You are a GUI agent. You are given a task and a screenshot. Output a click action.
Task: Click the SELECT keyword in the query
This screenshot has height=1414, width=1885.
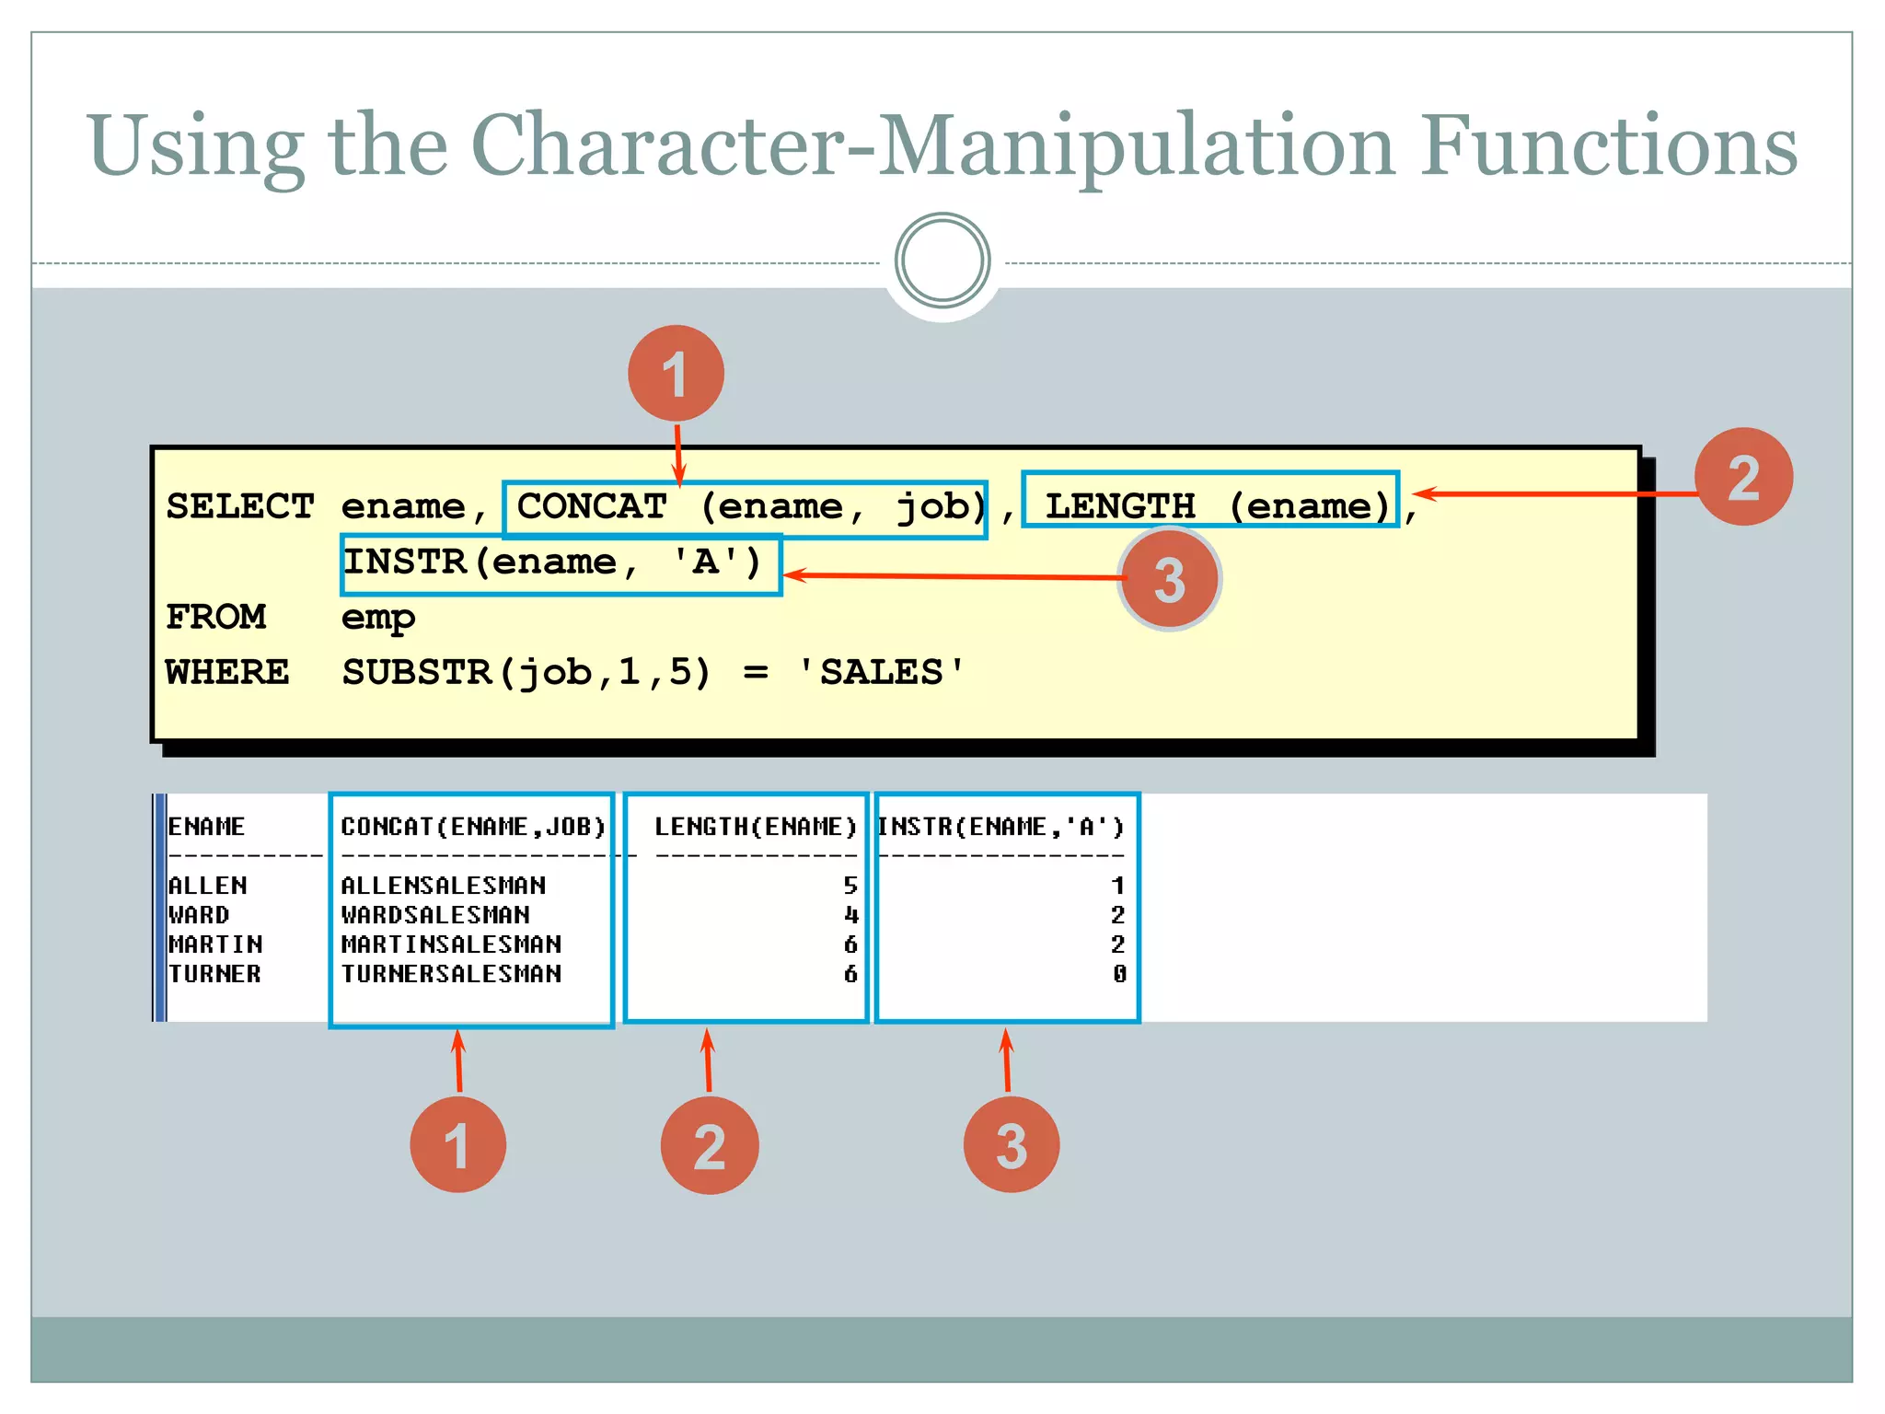[x=240, y=507]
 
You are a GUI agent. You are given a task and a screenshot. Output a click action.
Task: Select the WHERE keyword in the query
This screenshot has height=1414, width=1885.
[x=227, y=673]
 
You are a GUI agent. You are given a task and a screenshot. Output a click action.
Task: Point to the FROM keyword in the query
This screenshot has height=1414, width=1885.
[x=216, y=617]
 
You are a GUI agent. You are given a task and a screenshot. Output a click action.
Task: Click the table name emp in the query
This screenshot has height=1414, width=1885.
[x=378, y=618]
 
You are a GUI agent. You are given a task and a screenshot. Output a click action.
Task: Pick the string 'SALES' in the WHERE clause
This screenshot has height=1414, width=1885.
[x=882, y=673]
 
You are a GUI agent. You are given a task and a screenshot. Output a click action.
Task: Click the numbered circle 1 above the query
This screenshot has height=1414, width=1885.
[x=676, y=374]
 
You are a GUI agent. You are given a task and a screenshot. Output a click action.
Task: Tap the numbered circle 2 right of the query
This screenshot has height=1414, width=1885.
[x=1743, y=477]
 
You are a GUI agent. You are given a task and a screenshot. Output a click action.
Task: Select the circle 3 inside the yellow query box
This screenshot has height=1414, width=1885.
[x=1169, y=579]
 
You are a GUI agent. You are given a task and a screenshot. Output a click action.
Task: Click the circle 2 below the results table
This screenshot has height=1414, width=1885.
[x=709, y=1145]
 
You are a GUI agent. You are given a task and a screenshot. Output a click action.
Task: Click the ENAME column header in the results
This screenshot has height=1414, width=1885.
[x=206, y=827]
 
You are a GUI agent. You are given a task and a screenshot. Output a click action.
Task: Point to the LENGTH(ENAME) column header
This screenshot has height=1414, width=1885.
[x=756, y=827]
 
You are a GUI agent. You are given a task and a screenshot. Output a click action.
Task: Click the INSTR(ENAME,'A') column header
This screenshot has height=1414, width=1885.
[x=1001, y=827]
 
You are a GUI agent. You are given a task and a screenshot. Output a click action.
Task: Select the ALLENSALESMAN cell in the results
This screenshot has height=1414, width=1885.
[x=444, y=886]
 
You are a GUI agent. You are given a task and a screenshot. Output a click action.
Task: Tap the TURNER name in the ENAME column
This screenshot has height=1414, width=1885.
[x=214, y=974]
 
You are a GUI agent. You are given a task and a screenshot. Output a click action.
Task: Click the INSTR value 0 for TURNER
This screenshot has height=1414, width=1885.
[x=1118, y=974]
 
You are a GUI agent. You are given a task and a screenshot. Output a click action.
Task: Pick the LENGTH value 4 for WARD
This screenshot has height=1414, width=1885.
[x=850, y=915]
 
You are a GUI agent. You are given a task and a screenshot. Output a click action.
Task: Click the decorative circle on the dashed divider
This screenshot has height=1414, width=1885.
[x=942, y=261]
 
